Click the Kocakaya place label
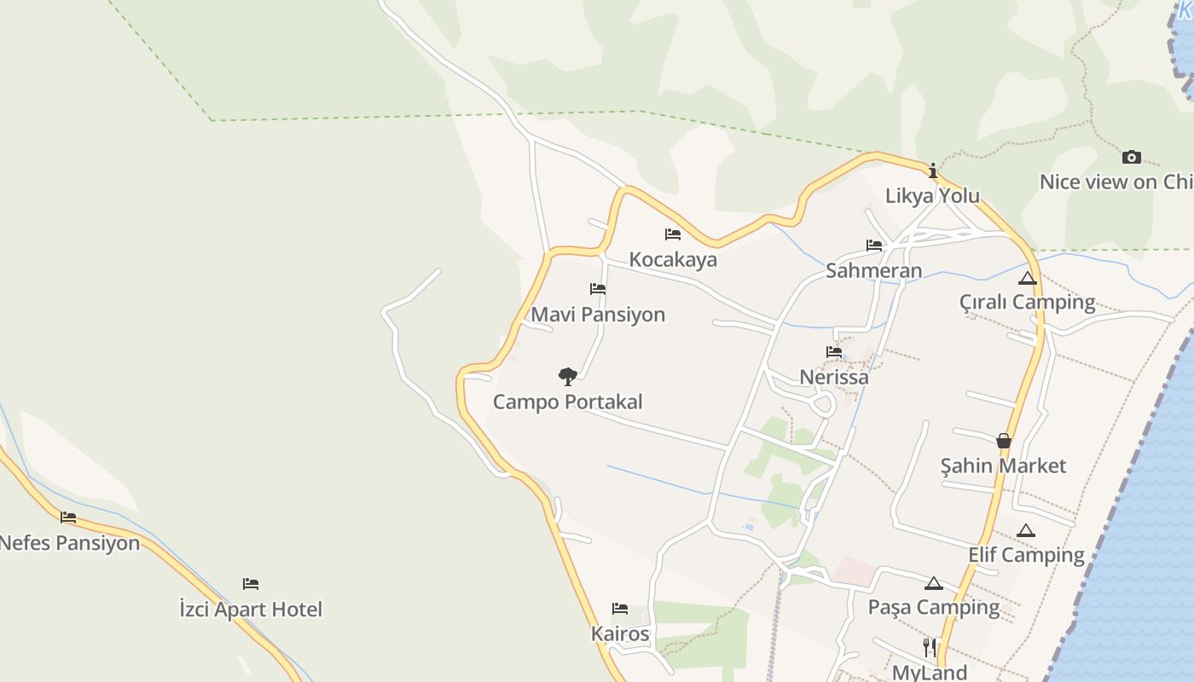pos(673,259)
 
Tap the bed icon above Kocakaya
pos(673,234)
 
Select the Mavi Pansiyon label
pos(598,315)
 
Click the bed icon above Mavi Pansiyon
pos(598,289)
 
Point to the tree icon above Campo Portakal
pos(568,376)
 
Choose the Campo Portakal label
pos(568,402)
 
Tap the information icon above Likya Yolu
pos(933,170)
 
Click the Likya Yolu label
pos(932,195)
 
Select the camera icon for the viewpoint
pos(1132,157)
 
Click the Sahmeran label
pos(873,271)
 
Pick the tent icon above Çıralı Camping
pos(1027,278)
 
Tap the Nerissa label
pos(834,377)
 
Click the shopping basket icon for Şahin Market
pos(1004,441)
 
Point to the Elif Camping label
pos(1026,555)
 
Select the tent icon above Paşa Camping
pos(934,583)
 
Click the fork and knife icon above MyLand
pos(930,647)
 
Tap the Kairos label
pos(620,634)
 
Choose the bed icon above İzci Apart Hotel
pos(251,584)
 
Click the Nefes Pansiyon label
pos(69,543)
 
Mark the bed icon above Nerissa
pos(834,351)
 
